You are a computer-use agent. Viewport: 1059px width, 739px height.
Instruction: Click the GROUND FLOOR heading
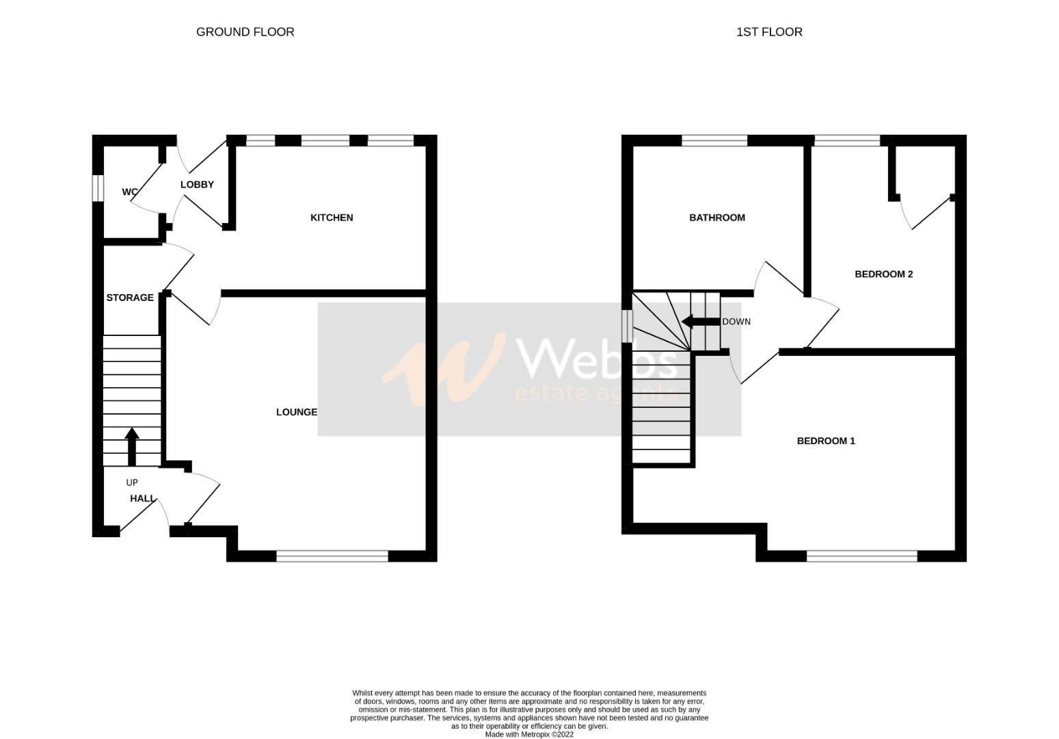pyautogui.click(x=245, y=31)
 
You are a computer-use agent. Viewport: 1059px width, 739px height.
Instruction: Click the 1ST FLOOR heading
pyautogui.click(x=769, y=31)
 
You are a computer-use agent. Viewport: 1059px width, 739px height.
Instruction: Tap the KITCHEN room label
pyautogui.click(x=332, y=218)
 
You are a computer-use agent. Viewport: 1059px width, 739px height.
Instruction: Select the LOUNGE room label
pyautogui.click(x=297, y=412)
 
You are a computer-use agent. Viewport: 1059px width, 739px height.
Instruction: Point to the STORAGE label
pyautogui.click(x=130, y=298)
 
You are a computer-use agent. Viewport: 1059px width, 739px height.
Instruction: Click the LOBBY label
pyautogui.click(x=197, y=185)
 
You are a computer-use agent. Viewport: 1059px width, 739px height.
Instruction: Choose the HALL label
pyautogui.click(x=142, y=499)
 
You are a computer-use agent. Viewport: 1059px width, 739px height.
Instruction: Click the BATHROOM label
pyautogui.click(x=716, y=218)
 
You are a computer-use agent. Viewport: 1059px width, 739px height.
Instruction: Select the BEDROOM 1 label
pyautogui.click(x=826, y=441)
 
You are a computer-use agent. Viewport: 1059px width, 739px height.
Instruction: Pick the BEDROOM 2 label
pyautogui.click(x=883, y=274)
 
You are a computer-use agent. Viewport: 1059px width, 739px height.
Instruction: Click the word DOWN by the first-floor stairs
pyautogui.click(x=736, y=322)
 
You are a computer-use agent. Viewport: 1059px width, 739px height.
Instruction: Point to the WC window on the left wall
pyautogui.click(x=98, y=188)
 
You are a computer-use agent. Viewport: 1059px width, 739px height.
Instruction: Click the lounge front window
pyautogui.click(x=332, y=556)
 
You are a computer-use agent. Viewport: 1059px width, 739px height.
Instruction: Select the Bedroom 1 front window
pyautogui.click(x=861, y=556)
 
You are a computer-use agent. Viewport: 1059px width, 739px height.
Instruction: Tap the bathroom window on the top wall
pyautogui.click(x=714, y=141)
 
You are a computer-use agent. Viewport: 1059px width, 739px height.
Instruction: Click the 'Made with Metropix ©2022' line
pyautogui.click(x=529, y=735)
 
